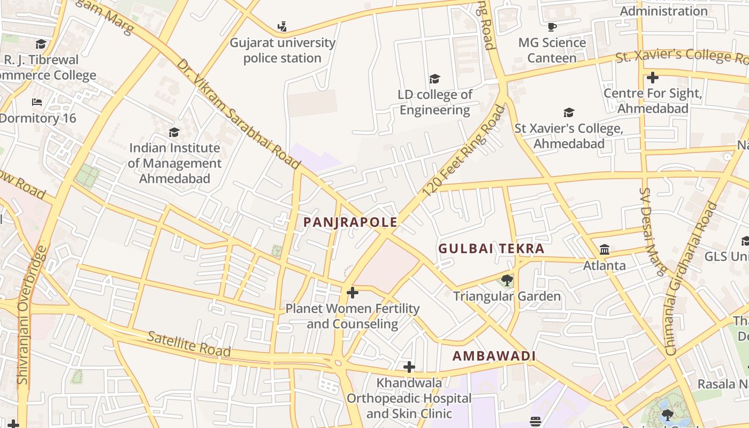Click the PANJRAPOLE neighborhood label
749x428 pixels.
tap(350, 222)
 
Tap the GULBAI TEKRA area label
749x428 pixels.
tap(491, 249)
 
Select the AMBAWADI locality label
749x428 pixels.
tap(494, 356)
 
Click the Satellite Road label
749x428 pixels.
tap(189, 344)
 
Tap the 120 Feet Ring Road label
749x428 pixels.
tap(463, 151)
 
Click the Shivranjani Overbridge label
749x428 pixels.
tap(30, 315)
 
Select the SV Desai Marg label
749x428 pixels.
tap(653, 232)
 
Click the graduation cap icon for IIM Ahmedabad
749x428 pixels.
tap(174, 132)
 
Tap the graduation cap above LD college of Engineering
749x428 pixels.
tap(434, 79)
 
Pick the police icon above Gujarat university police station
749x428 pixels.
tap(282, 26)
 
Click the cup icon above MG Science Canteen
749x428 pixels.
tap(552, 27)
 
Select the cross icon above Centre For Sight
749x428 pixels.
tap(652, 78)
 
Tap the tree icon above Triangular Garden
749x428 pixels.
tap(507, 280)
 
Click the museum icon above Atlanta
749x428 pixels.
tap(605, 249)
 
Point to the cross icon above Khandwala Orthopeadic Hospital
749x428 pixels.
tap(409, 367)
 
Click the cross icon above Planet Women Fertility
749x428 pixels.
tap(353, 293)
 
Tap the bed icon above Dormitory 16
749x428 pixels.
tap(37, 102)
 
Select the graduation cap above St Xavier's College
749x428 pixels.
tap(569, 112)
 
